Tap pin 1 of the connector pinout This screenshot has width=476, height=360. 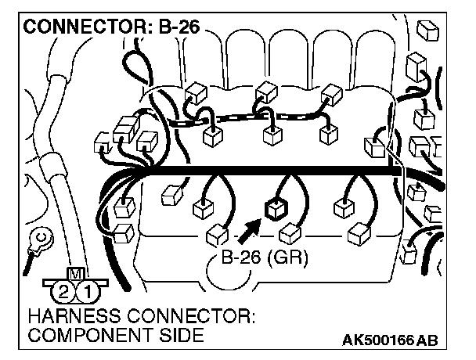click(91, 293)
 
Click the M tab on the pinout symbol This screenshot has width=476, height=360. click(76, 275)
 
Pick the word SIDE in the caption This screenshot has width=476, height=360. click(180, 337)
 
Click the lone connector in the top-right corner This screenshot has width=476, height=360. click(429, 30)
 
